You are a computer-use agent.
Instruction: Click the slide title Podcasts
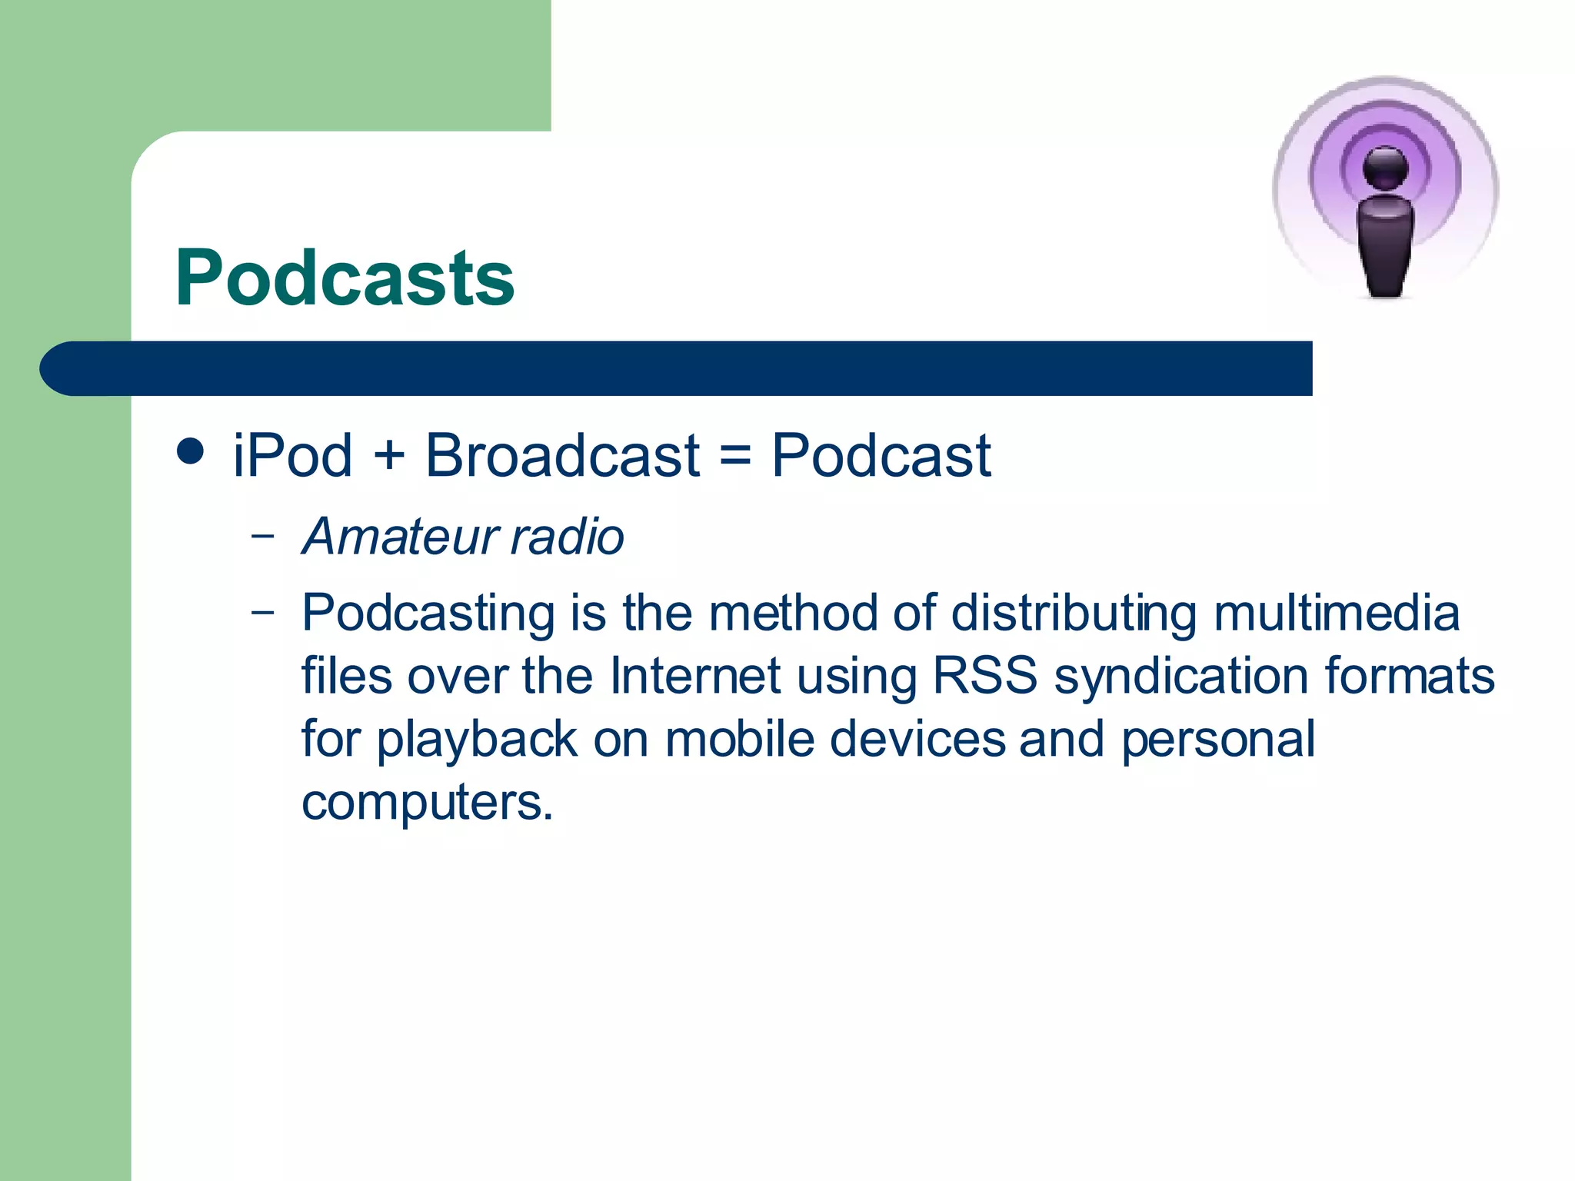[x=345, y=278]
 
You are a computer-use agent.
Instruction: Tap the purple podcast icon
[x=1385, y=189]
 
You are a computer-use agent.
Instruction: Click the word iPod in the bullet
[x=292, y=455]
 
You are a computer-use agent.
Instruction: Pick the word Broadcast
[x=562, y=455]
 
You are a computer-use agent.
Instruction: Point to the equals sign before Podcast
[x=735, y=455]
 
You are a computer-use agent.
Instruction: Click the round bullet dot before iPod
[x=190, y=451]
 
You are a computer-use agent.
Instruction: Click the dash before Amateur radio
[x=262, y=535]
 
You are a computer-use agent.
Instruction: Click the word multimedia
[x=1337, y=614]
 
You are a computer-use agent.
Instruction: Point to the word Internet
[x=695, y=677]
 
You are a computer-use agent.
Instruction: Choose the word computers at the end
[x=427, y=803]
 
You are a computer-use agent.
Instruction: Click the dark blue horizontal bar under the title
[x=677, y=369]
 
